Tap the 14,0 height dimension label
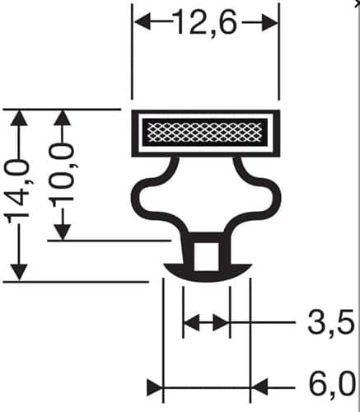pos(18,190)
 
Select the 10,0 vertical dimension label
pos(63,176)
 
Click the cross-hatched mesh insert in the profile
pos(205,133)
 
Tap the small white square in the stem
pos(207,256)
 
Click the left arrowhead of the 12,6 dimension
pos(141,22)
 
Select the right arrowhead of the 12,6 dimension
pos(270,22)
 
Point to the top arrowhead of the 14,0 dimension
pos(19,119)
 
